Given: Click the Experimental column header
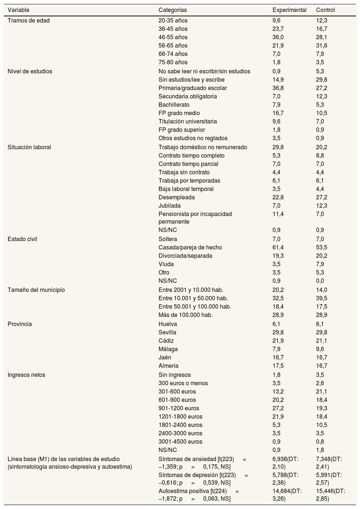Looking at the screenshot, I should coord(289,10).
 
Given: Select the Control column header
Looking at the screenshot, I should coord(325,10).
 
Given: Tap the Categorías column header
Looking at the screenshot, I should coord(173,10).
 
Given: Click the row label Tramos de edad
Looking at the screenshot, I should coord(29,21).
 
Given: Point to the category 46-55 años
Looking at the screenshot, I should coord(173,37).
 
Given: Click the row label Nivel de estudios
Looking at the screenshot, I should coord(30,72).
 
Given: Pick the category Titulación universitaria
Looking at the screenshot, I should coord(188,122).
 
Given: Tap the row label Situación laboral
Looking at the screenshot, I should coord(29,147).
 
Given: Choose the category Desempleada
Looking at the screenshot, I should coord(177,198).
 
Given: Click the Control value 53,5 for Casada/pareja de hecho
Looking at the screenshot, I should coord(322,248).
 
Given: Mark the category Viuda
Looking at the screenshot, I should coord(166,264).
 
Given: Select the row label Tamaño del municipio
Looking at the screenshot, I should coord(36,290).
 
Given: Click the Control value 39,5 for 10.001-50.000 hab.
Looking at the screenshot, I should coord(322,298).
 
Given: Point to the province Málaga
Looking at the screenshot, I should coord(168,349).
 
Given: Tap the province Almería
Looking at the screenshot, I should coord(168,366).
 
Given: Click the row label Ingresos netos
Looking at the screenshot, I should coord(26,375).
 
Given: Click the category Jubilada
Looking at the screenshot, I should coord(169,206).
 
